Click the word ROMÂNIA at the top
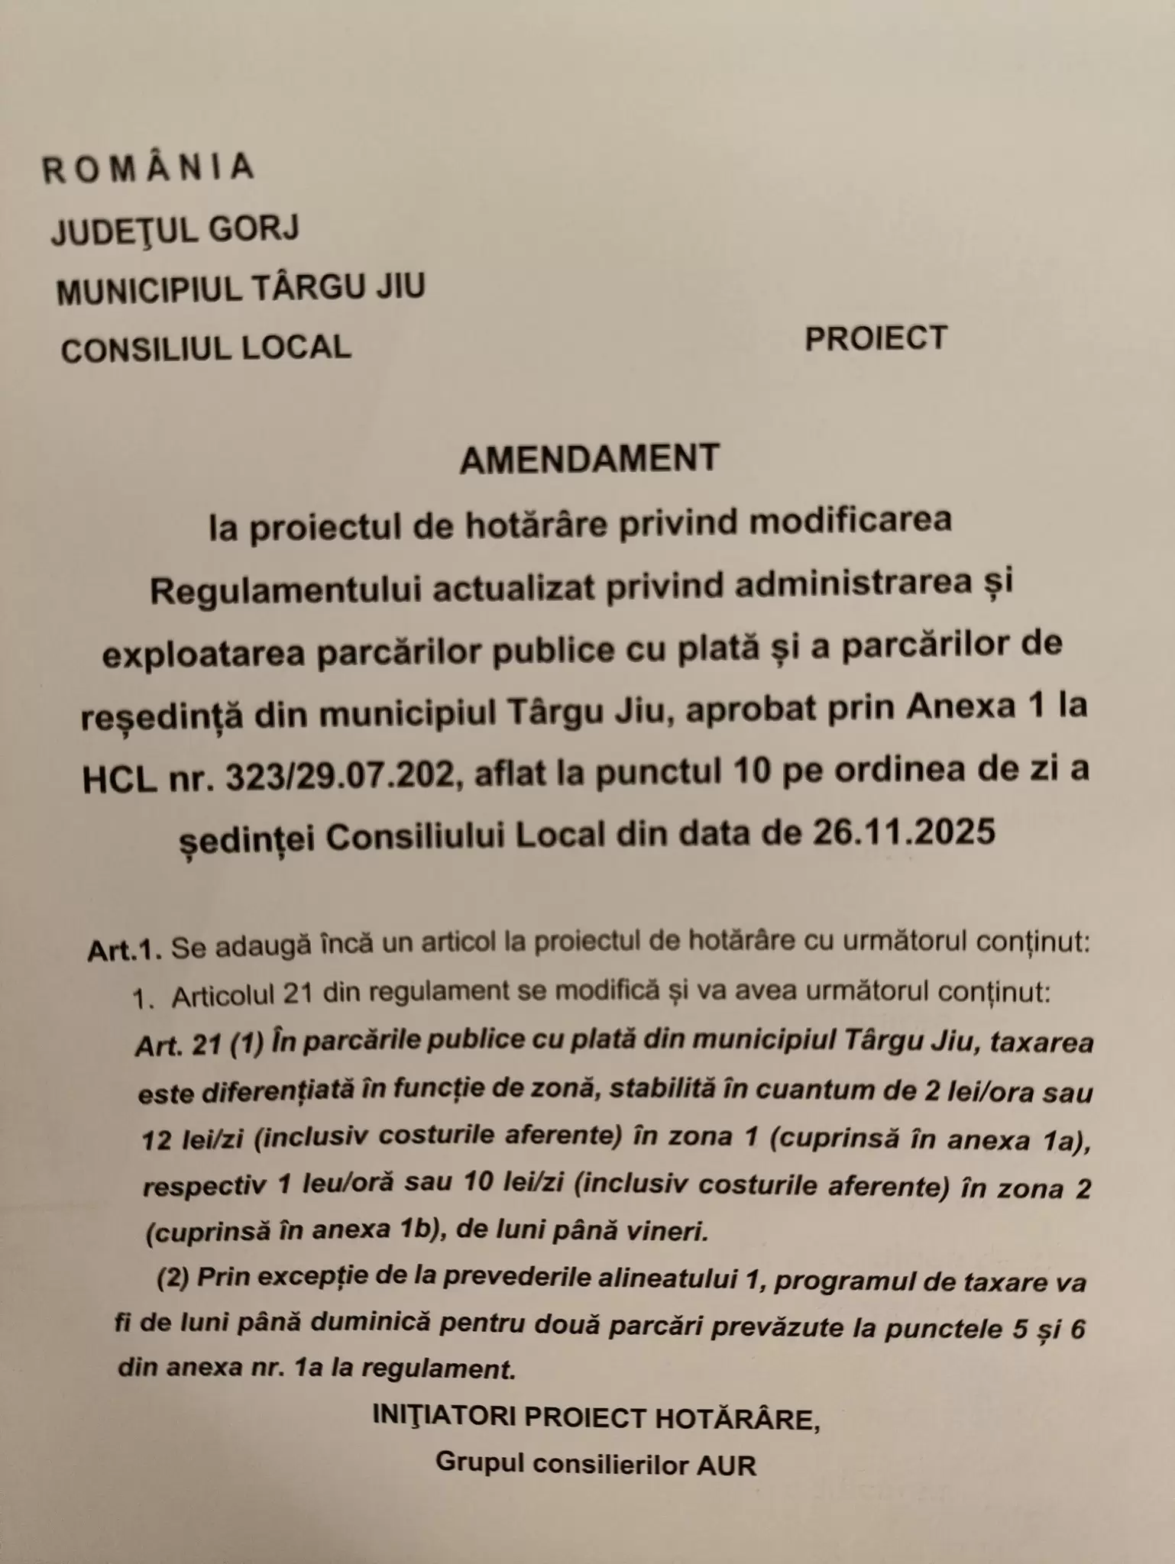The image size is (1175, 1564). [147, 168]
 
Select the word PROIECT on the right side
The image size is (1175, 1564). [876, 338]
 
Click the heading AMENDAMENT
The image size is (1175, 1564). [590, 457]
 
